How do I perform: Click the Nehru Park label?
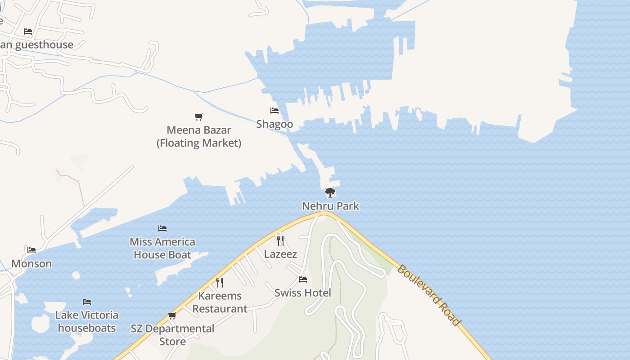[x=330, y=206]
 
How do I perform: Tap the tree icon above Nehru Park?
[x=330, y=193]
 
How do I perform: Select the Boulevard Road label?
[x=429, y=295]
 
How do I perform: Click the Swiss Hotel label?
[x=302, y=293]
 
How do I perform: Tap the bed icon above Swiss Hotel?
[x=302, y=279]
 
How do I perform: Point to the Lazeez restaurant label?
[x=280, y=254]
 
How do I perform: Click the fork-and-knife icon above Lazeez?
[x=280, y=241]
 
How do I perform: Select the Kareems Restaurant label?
[x=220, y=302]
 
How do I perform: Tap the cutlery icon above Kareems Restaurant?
[x=220, y=283]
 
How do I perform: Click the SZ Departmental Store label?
[x=173, y=335]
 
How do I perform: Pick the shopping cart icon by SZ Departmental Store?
[x=172, y=316]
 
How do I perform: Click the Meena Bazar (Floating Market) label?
[x=199, y=136]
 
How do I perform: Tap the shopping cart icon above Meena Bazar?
[x=199, y=117]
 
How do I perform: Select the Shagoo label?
[x=274, y=124]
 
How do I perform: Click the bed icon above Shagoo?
[x=274, y=111]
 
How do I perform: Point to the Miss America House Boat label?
[x=162, y=248]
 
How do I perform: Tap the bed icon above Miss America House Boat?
[x=162, y=229]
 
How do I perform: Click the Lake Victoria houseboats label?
[x=87, y=321]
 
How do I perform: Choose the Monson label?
[x=31, y=264]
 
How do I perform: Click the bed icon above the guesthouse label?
[x=28, y=31]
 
